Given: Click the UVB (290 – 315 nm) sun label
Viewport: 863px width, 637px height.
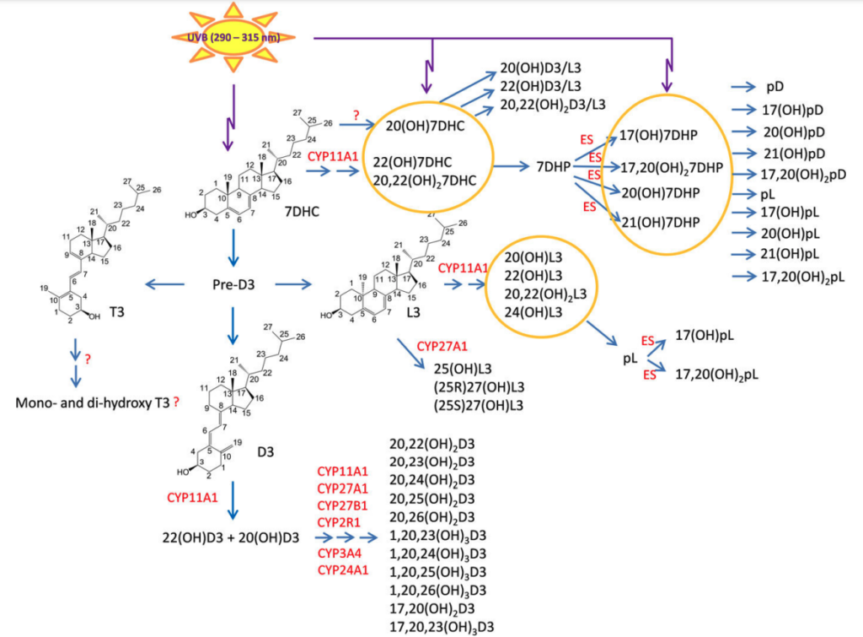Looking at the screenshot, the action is click(x=234, y=38).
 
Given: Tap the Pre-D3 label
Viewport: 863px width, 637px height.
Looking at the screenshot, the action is click(x=233, y=285).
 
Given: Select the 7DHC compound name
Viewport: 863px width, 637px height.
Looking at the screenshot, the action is click(x=302, y=212).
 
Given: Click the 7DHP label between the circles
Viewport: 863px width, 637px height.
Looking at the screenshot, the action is click(x=553, y=166).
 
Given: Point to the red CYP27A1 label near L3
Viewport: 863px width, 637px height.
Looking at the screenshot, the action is click(x=442, y=347).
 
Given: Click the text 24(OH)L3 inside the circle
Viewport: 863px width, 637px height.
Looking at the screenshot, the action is click(x=533, y=312).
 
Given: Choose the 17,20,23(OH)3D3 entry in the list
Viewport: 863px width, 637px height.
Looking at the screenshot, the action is click(x=442, y=627).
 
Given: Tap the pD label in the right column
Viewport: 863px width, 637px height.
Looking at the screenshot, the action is click(x=775, y=87).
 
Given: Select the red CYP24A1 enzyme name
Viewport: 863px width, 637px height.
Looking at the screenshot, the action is click(x=343, y=570).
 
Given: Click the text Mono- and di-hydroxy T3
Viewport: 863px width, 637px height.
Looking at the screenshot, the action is click(x=93, y=402).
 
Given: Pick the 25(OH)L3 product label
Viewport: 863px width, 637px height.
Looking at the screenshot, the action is click(x=463, y=369).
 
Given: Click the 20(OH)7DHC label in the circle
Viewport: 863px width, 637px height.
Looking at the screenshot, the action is click(x=425, y=127).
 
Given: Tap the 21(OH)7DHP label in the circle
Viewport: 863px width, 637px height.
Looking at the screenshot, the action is click(x=661, y=223).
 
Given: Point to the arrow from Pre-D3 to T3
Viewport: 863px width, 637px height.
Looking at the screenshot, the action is click(x=164, y=284).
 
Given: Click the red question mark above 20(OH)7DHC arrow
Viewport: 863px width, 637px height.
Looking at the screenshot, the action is click(x=356, y=116).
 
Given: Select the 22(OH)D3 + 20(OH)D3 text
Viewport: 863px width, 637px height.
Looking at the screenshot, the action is click(x=231, y=537).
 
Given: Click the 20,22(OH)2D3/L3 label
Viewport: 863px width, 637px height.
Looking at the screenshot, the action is click(x=553, y=105).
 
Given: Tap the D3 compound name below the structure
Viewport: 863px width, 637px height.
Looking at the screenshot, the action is click(x=265, y=452).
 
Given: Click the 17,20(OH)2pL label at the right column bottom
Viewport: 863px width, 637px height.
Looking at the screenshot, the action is click(x=803, y=278).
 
